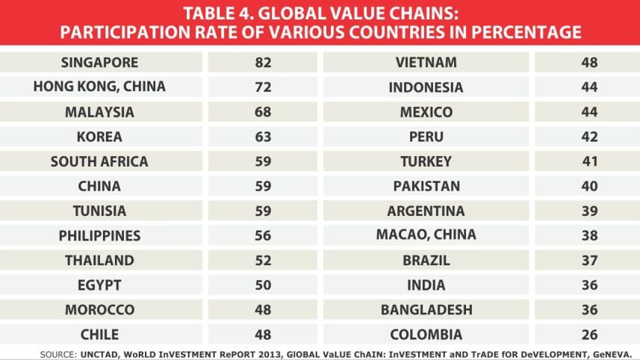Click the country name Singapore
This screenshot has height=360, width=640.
point(99,62)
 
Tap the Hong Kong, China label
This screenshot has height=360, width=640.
point(99,87)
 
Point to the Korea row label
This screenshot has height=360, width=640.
point(99,137)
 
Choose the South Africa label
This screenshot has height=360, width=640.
point(99,161)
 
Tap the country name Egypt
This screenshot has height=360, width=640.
point(99,285)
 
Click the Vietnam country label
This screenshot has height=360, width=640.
point(426,62)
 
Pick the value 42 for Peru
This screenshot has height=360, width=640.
point(590,137)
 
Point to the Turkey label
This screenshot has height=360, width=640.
point(426,161)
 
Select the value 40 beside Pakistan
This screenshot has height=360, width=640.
point(590,186)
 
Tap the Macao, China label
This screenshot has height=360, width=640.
point(426,235)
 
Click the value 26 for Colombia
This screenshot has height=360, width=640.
point(590,335)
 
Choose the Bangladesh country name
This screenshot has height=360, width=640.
point(426,310)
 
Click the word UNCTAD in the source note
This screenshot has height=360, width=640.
point(96,353)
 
